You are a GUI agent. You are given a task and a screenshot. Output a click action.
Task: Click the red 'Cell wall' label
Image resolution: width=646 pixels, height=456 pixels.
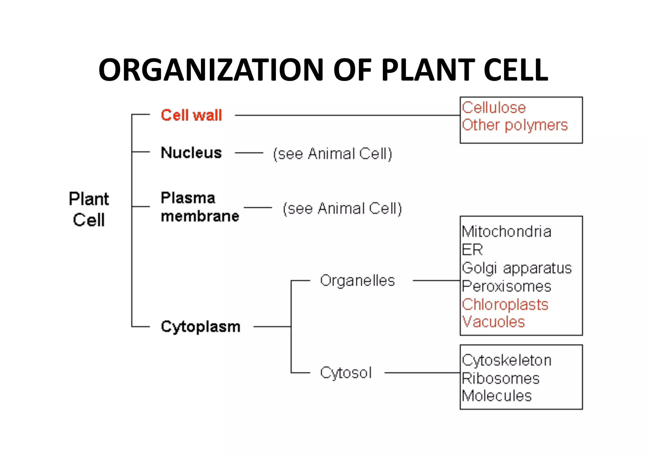pos(191,115)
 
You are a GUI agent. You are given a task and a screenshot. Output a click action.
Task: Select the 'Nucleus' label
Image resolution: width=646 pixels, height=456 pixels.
pos(191,153)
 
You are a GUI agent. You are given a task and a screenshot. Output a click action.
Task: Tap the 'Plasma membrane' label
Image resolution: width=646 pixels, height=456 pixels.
pos(199,207)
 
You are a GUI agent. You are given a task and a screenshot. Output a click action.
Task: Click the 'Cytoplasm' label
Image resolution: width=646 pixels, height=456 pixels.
pos(201,327)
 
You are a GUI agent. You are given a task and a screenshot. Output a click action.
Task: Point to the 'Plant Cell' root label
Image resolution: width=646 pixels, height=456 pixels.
pos(89,209)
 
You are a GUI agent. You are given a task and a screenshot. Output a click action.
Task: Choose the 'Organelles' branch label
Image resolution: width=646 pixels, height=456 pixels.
pos(357,280)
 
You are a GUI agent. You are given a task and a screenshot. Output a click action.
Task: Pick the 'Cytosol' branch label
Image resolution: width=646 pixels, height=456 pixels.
pos(346,373)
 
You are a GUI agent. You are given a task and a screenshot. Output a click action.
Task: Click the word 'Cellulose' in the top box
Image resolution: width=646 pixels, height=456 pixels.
pos(494,108)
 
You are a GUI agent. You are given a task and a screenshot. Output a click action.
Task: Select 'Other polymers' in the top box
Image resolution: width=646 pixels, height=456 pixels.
pos(515,125)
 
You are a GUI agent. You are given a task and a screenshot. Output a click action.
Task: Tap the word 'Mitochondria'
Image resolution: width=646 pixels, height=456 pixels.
pos(507,232)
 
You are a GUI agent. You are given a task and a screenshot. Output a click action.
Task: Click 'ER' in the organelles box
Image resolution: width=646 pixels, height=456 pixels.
pos(472,250)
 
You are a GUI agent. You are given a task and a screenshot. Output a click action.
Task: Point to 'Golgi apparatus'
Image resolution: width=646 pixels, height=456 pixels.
pos(517,268)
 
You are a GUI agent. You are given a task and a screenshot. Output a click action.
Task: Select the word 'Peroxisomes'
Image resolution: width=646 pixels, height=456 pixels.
pos(507,286)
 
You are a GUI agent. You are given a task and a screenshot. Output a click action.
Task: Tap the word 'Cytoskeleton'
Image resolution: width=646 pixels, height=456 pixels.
pos(507,360)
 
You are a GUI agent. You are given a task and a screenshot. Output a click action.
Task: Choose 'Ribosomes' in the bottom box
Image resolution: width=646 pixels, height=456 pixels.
pos(501,378)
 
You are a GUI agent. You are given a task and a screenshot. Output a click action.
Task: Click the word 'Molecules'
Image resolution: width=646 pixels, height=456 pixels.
pos(497,396)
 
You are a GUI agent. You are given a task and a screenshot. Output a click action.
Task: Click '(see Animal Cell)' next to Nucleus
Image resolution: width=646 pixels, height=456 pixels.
pos(332,154)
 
